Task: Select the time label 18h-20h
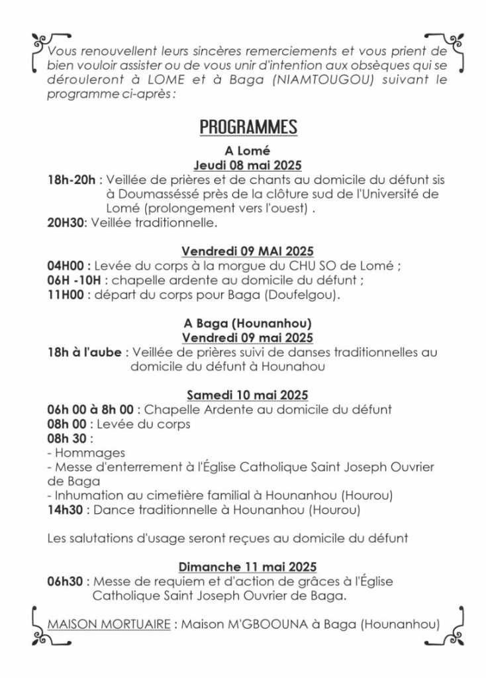tap(72, 179)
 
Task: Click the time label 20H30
tap(67, 223)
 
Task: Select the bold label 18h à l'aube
tap(85, 352)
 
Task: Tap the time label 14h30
tap(66, 510)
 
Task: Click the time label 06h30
tap(66, 581)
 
